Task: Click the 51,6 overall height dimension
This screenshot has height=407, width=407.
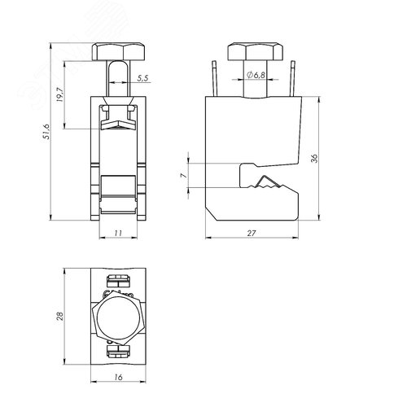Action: (x=46, y=132)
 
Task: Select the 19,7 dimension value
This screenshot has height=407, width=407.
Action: (x=60, y=94)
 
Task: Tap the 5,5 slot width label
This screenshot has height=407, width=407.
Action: (x=142, y=79)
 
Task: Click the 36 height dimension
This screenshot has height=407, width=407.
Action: (x=314, y=158)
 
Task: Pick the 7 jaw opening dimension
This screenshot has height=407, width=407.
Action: (x=184, y=176)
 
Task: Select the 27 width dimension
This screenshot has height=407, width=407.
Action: (x=252, y=233)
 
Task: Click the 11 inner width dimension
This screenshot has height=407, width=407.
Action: (x=118, y=233)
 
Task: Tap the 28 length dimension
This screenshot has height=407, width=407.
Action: (x=59, y=316)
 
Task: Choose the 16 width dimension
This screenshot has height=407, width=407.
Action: (x=118, y=377)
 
